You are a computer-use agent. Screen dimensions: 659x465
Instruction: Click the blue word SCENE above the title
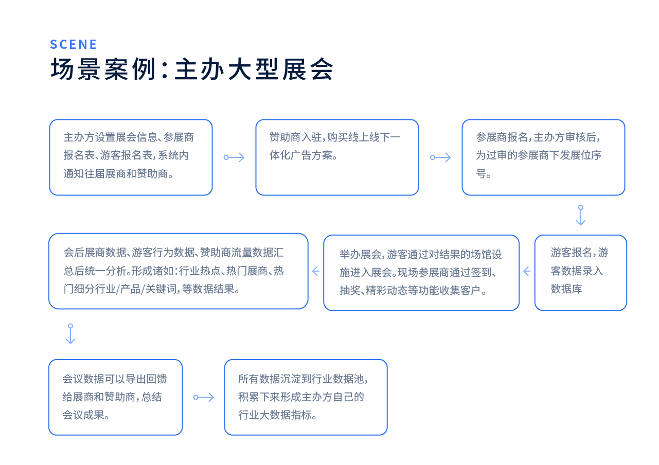pyautogui.click(x=73, y=44)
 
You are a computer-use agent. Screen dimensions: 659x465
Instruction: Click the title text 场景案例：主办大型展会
pyautogui.click(x=192, y=69)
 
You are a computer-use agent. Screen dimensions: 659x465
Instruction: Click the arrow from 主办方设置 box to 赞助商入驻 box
pyautogui.click(x=234, y=157)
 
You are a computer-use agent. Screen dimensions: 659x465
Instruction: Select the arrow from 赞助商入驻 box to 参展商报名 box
pyautogui.click(x=440, y=157)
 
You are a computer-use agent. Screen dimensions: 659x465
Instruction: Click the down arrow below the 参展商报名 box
pyautogui.click(x=580, y=216)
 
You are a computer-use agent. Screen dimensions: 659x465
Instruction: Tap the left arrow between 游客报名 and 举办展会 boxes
pyautogui.click(x=527, y=271)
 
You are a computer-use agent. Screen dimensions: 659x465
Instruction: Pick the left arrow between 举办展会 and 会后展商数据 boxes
pyautogui.click(x=316, y=271)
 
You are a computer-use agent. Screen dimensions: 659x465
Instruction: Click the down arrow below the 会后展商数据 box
pyautogui.click(x=70, y=334)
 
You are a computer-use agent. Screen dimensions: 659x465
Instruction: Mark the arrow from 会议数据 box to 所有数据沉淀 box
pyautogui.click(x=204, y=397)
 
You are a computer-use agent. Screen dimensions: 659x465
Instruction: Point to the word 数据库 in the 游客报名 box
pyautogui.click(x=566, y=289)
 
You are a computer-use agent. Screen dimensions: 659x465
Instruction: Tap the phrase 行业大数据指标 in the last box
pyautogui.click(x=275, y=415)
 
